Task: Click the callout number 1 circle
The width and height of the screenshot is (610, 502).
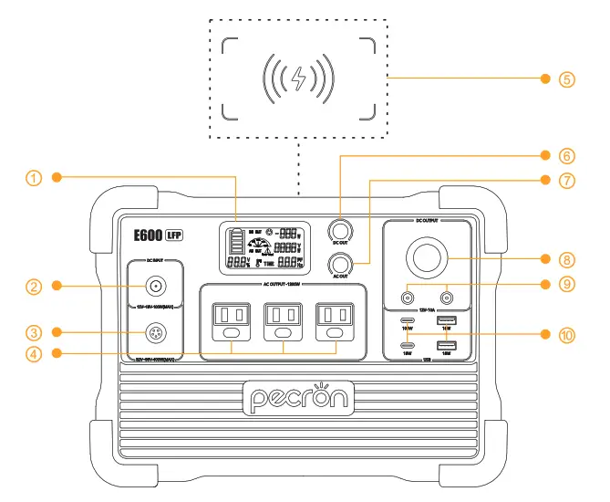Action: pos(34,178)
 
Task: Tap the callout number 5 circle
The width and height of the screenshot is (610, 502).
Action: pos(567,78)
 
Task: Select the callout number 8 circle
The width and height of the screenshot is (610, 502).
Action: pos(567,258)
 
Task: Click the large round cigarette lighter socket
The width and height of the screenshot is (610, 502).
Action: pos(426,258)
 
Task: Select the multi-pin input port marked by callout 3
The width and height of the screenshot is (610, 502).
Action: pos(156,331)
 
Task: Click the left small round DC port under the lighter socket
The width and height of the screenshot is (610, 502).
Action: pos(406,297)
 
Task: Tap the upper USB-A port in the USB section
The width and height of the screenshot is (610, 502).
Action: pos(447,319)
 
